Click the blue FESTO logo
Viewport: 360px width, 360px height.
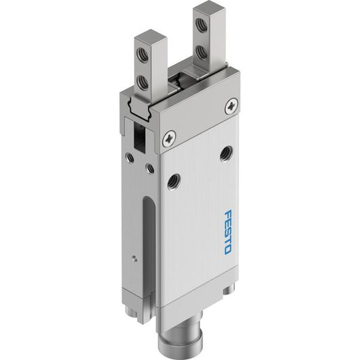(x=228, y=232)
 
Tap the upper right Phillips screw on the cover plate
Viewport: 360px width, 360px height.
(x=231, y=106)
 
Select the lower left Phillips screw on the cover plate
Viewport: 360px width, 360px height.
(x=170, y=138)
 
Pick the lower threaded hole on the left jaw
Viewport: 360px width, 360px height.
(x=142, y=81)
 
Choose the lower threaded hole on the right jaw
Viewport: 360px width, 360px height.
(x=201, y=53)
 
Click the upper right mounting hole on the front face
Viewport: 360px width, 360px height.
(x=226, y=153)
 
